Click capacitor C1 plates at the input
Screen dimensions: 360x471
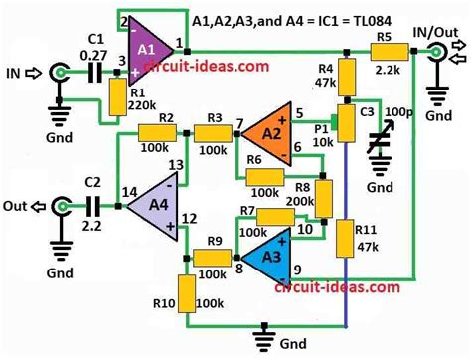(x=94, y=72)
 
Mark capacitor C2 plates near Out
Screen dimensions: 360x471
(x=95, y=206)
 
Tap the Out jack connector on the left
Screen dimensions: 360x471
(x=63, y=206)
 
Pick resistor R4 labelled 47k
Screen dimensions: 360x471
(x=345, y=75)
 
